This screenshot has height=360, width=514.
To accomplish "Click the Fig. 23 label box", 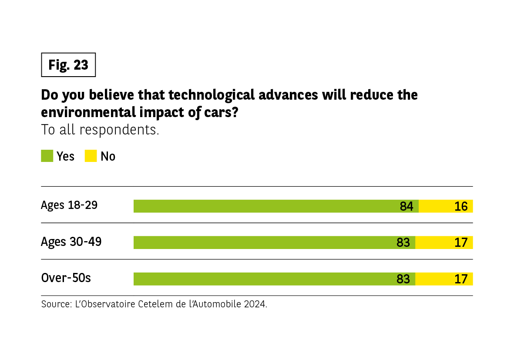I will click(x=68, y=65).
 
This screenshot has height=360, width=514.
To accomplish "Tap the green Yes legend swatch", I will click(x=47, y=156).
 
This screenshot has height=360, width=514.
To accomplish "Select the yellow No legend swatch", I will click(x=91, y=156).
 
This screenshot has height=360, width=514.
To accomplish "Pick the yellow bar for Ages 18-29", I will click(x=446, y=206).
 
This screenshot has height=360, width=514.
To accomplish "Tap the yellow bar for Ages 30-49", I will click(x=444, y=242).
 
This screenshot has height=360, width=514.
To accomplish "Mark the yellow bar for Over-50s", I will click(x=444, y=279).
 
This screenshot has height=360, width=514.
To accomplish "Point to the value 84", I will click(x=406, y=206).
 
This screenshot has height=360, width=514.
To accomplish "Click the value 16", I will click(x=461, y=206).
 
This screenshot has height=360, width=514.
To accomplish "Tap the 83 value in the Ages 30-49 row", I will click(x=403, y=242).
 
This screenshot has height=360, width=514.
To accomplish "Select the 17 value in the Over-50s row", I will click(x=461, y=279).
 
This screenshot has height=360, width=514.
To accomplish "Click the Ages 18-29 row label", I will click(x=69, y=205).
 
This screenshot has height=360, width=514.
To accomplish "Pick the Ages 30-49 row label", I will click(x=71, y=242).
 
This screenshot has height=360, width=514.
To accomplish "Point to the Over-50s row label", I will click(x=66, y=278).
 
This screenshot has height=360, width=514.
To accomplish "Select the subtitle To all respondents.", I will click(x=100, y=130).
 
